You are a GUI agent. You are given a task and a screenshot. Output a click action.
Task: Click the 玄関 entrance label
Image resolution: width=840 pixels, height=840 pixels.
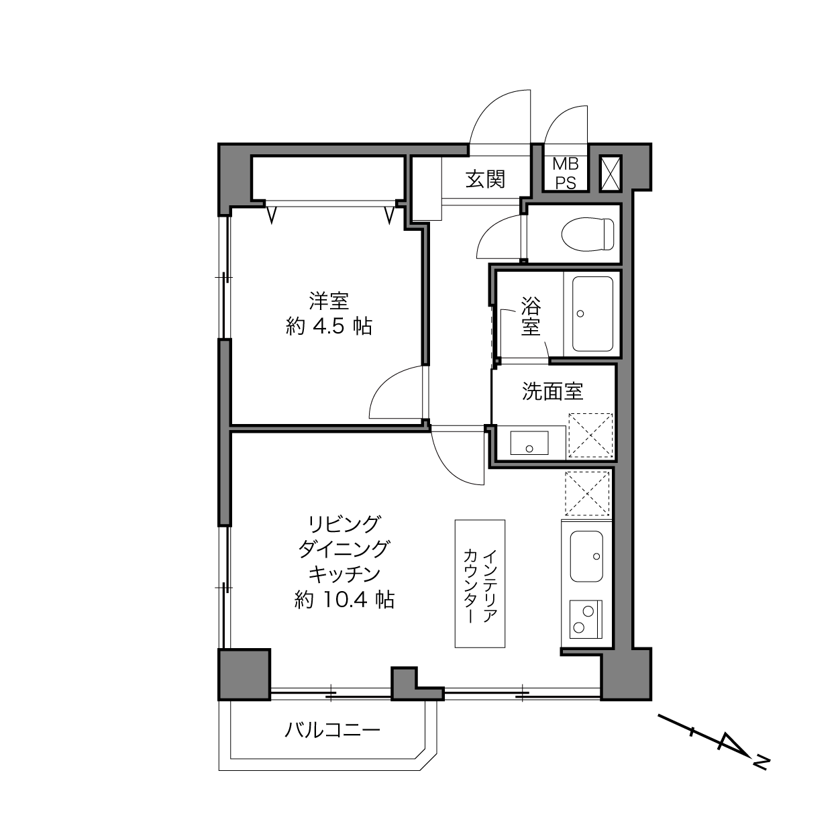(x=484, y=179)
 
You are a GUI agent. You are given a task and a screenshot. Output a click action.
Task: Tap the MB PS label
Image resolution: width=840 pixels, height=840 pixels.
(x=566, y=174)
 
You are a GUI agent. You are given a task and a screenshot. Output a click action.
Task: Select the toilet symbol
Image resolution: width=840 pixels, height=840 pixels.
(x=588, y=235)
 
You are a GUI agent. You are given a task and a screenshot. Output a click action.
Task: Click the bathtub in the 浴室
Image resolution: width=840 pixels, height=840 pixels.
(x=592, y=314)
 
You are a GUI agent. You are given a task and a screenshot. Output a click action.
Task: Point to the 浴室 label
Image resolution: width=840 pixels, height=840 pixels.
(x=531, y=316)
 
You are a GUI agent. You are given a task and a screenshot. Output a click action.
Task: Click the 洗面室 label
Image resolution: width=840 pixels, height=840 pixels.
(x=552, y=391)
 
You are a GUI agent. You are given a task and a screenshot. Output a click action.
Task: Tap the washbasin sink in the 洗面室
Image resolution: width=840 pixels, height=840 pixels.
(x=529, y=443)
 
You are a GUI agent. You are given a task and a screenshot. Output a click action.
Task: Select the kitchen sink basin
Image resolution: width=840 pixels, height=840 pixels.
(x=586, y=556)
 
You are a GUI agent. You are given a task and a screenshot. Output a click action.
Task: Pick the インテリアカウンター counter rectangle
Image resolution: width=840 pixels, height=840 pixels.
(x=480, y=584)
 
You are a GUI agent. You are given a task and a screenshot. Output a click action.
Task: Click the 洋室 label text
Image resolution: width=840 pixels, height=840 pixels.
(x=329, y=301)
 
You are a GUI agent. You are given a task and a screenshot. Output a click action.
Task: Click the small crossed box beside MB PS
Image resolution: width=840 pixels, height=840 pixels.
(x=611, y=174)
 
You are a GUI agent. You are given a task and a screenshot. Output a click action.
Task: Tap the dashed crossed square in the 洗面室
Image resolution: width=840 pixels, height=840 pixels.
(x=590, y=435)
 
